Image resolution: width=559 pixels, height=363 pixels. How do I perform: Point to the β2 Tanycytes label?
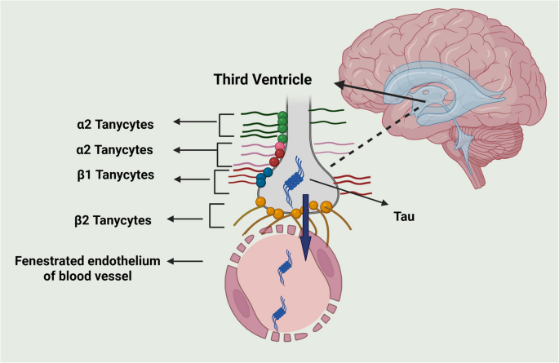(x=113, y=219)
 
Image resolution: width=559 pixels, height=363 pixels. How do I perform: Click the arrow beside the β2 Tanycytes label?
(x=184, y=219)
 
